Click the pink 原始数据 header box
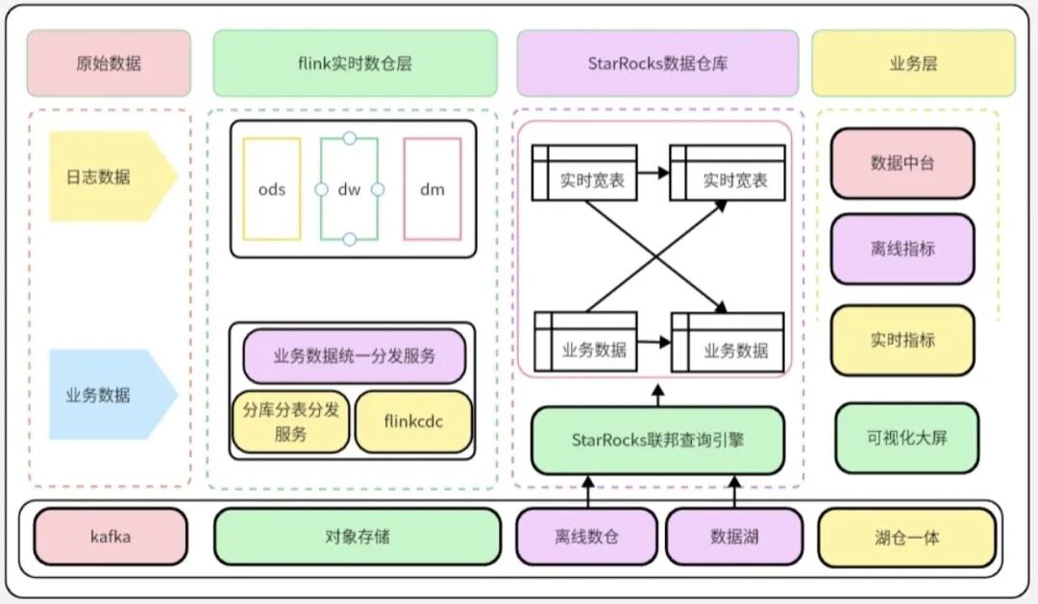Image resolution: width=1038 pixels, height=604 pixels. tap(109, 63)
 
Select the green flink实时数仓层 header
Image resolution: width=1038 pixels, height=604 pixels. tap(355, 63)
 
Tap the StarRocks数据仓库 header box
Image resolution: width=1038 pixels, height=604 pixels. tap(657, 63)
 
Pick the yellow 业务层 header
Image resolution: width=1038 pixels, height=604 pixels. tap(913, 63)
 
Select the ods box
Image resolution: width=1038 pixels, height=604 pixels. tap(272, 188)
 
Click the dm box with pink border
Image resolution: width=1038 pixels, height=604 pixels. tap(432, 188)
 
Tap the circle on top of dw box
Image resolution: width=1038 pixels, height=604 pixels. tap(349, 138)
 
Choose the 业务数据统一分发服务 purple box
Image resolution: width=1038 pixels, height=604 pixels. tap(355, 356)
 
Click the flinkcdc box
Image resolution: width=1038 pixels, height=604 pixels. tap(413, 421)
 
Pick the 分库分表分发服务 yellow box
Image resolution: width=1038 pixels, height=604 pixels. tap(290, 422)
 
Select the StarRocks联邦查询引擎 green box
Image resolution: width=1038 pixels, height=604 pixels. tap(657, 440)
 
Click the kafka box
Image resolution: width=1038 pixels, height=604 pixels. tap(111, 536)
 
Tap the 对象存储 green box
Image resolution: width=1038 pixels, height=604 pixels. tap(357, 536)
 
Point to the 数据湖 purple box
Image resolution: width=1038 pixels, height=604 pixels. tap(734, 536)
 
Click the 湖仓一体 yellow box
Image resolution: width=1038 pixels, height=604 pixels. tap(906, 537)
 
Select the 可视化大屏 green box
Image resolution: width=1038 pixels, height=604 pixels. tap(906, 438)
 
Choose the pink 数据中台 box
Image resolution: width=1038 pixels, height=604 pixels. tap(902, 163)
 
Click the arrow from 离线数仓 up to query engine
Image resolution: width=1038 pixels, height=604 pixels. tap(587, 491)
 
